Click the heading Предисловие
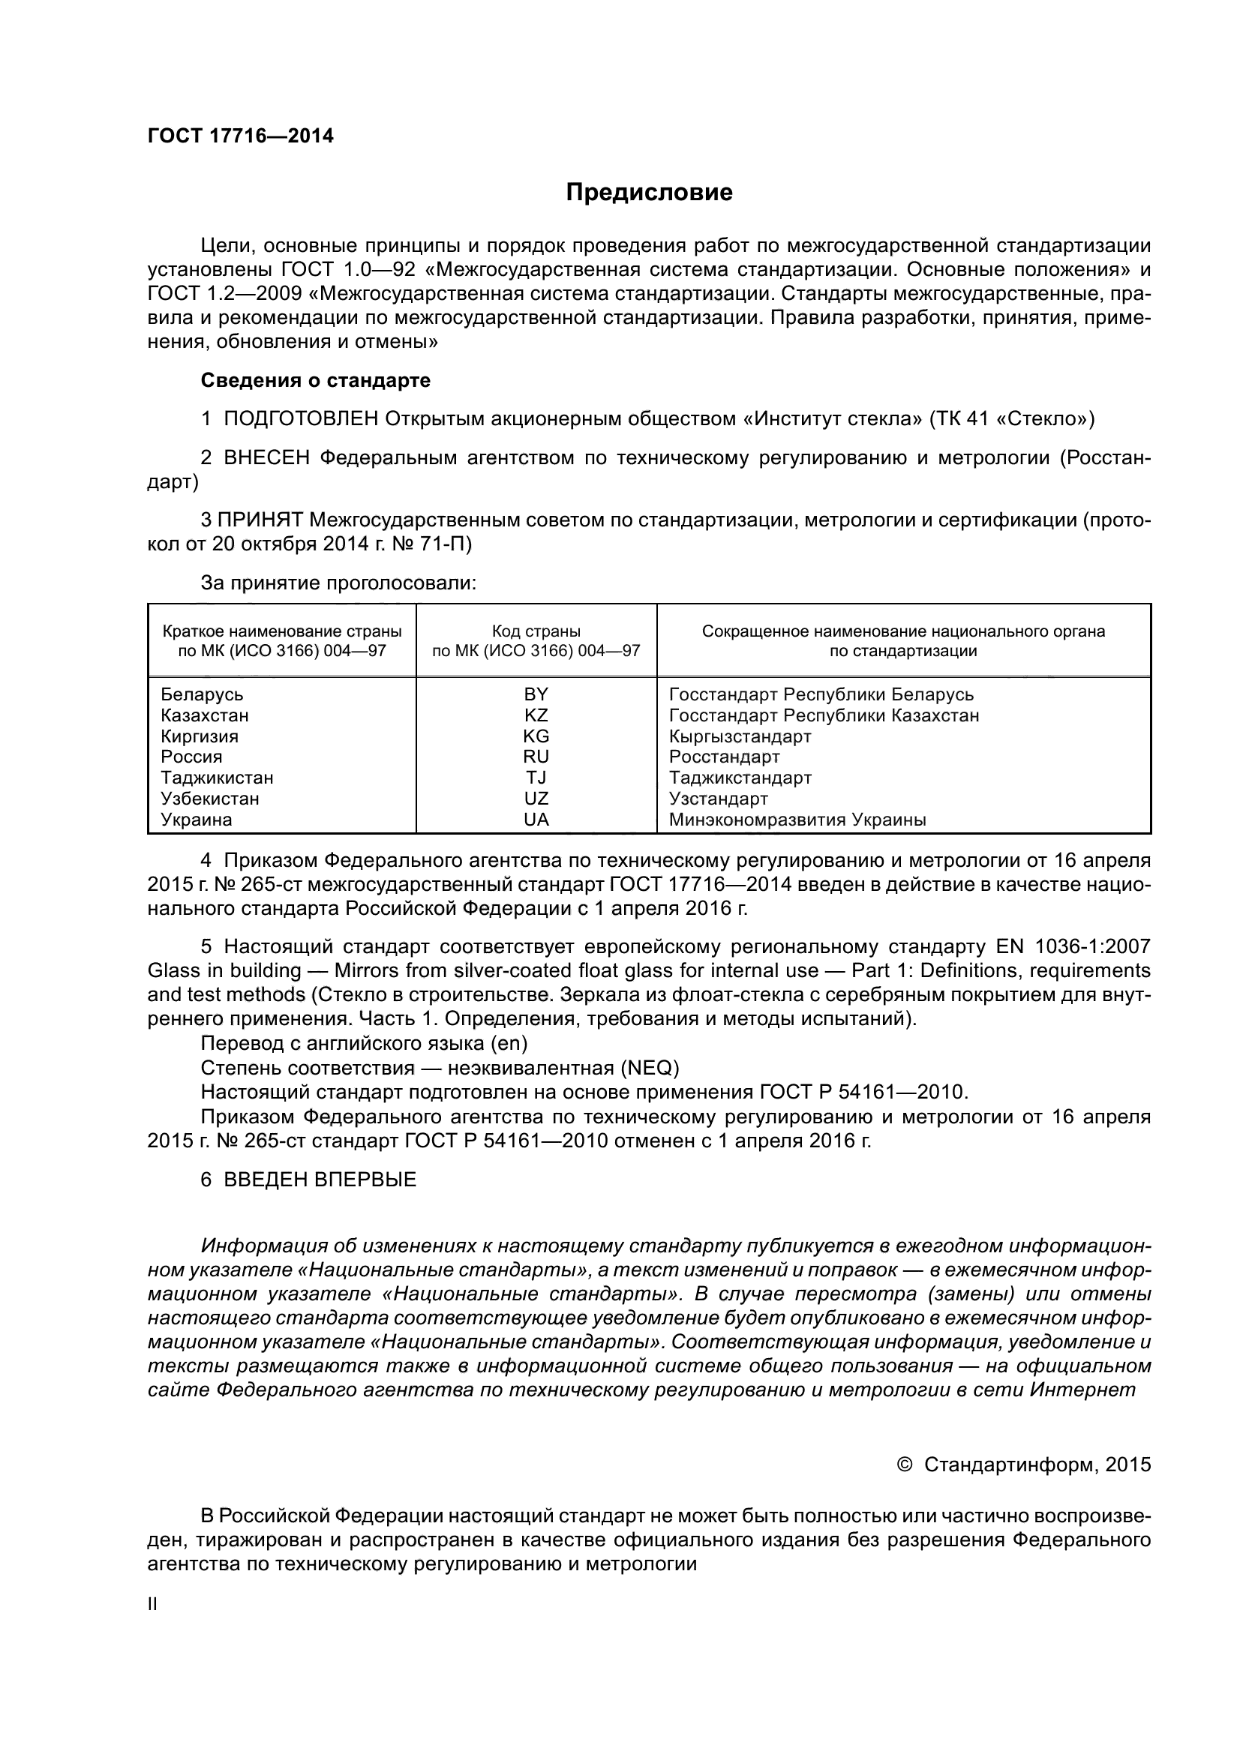tap(649, 193)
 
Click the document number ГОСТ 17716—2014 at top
tap(240, 136)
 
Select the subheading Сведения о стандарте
tap(315, 380)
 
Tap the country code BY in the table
tap(536, 694)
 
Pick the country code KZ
tap(536, 716)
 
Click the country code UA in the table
tap(536, 820)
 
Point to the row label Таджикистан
tap(217, 778)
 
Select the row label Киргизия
tap(200, 736)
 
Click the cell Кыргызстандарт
tap(740, 736)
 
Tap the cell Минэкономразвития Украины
tap(797, 820)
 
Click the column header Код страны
tap(536, 631)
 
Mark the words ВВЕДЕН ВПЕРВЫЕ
tap(320, 1180)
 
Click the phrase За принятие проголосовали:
tap(338, 583)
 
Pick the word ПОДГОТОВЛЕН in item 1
tap(301, 419)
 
